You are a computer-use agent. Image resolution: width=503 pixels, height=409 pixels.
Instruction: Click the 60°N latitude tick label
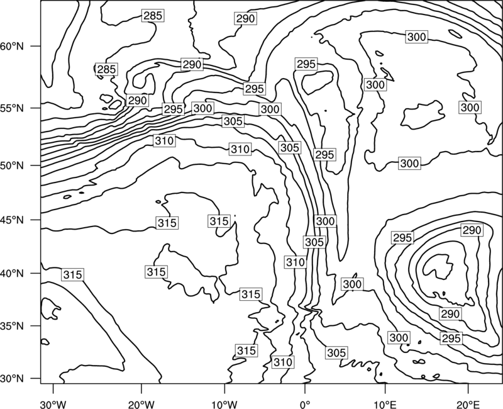12,46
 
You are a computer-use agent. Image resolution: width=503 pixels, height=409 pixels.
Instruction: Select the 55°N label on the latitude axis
12,108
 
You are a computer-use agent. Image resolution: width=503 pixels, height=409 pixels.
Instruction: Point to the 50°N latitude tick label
12,165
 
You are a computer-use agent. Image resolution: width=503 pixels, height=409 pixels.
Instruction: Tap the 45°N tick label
12,220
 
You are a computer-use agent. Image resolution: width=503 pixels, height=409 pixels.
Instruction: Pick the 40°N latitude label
12,273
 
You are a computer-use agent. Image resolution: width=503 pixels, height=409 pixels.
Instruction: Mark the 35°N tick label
12,326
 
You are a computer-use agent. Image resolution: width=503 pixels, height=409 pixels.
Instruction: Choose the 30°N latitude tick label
12,379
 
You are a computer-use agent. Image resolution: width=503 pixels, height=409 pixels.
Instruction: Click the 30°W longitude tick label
53,405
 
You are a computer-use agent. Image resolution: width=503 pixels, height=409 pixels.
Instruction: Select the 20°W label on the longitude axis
141,405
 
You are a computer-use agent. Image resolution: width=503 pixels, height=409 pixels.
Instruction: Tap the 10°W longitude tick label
224,405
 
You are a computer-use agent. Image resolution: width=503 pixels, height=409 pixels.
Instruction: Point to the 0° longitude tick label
305,405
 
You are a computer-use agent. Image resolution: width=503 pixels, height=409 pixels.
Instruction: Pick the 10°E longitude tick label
385,405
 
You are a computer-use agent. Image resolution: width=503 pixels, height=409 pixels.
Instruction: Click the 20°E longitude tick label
468,405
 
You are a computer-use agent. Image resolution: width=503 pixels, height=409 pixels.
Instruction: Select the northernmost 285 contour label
153,15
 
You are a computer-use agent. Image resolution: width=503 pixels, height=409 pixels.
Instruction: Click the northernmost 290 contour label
245,19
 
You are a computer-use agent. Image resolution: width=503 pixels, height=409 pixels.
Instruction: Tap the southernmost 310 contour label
283,362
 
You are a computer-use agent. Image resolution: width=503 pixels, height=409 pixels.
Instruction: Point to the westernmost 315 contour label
73,275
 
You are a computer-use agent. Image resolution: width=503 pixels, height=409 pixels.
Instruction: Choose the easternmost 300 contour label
470,107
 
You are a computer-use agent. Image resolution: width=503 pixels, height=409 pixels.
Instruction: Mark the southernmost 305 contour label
336,353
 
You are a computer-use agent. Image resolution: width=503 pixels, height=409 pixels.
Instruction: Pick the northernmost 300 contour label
417,37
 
